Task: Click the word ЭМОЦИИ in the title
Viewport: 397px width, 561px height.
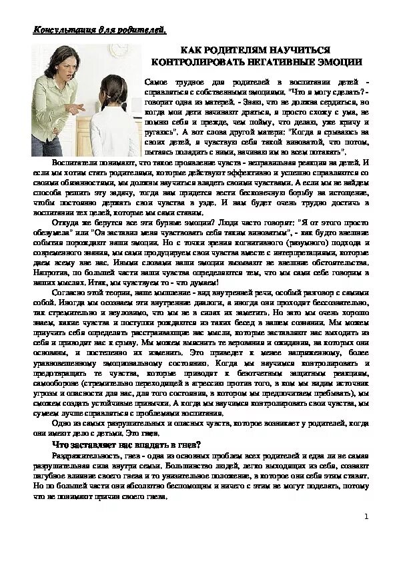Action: click(x=340, y=61)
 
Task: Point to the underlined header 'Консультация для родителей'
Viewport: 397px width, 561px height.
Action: click(x=100, y=29)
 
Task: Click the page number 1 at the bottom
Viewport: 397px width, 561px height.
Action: click(x=366, y=516)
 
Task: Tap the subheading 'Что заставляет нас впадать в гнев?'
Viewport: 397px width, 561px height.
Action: click(x=127, y=444)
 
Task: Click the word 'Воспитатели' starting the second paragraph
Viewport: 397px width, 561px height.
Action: click(x=74, y=163)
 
